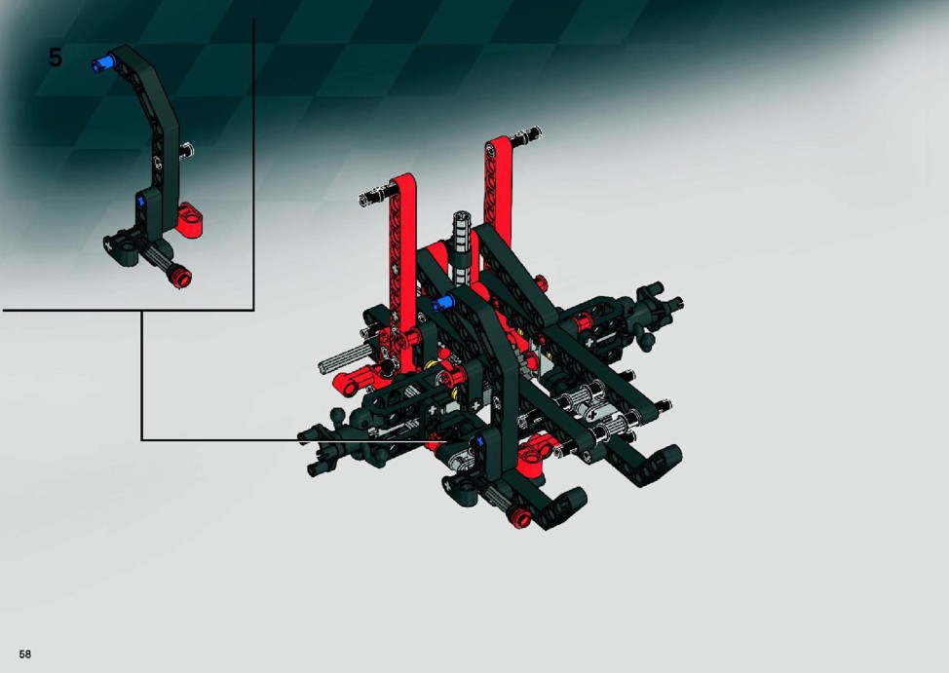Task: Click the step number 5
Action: tap(55, 58)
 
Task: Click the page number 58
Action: tap(24, 654)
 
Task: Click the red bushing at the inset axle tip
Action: tap(181, 278)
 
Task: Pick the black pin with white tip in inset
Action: tap(188, 148)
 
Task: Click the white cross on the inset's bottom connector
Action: tap(109, 245)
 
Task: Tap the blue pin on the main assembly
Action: tap(443, 303)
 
